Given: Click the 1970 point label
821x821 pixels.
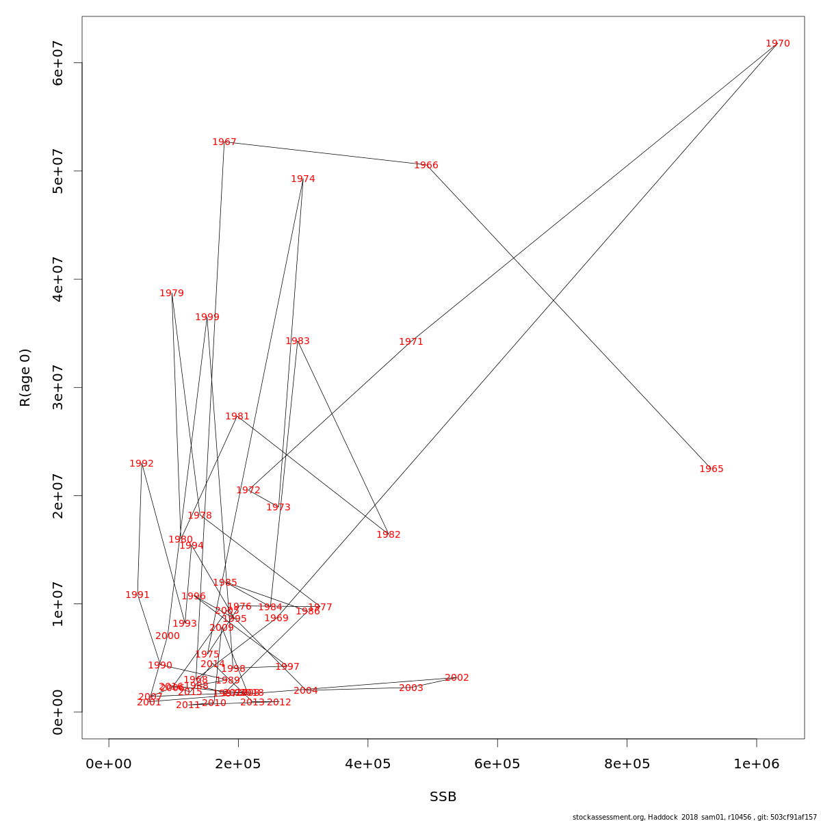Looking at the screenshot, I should (778, 44).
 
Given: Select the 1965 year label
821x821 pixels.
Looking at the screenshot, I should (712, 469).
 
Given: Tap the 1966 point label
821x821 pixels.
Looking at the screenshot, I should (426, 166).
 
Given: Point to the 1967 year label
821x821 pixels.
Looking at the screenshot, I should (224, 142).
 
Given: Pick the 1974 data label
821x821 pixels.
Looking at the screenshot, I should (303, 179).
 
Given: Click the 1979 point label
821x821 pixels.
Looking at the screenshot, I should (172, 294).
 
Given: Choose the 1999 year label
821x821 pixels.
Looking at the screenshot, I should (207, 317).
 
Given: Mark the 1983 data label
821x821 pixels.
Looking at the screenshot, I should (298, 341).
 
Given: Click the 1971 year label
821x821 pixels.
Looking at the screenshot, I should (411, 342).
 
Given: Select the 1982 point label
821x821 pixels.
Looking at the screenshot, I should (389, 535).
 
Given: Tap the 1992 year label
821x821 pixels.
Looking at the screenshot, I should (142, 464).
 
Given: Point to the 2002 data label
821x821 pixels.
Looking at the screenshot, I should (457, 678).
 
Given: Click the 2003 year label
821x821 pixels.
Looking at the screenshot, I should (411, 688).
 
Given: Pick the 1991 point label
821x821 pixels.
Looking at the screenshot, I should (138, 595).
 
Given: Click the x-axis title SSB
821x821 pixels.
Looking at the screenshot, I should (443, 797).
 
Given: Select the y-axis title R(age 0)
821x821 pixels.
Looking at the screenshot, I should (25, 378).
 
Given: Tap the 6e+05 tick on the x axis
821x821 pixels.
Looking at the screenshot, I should (497, 764).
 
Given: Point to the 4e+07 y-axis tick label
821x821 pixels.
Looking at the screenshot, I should (58, 279).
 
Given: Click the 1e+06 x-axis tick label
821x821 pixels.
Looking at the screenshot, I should (757, 764).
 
